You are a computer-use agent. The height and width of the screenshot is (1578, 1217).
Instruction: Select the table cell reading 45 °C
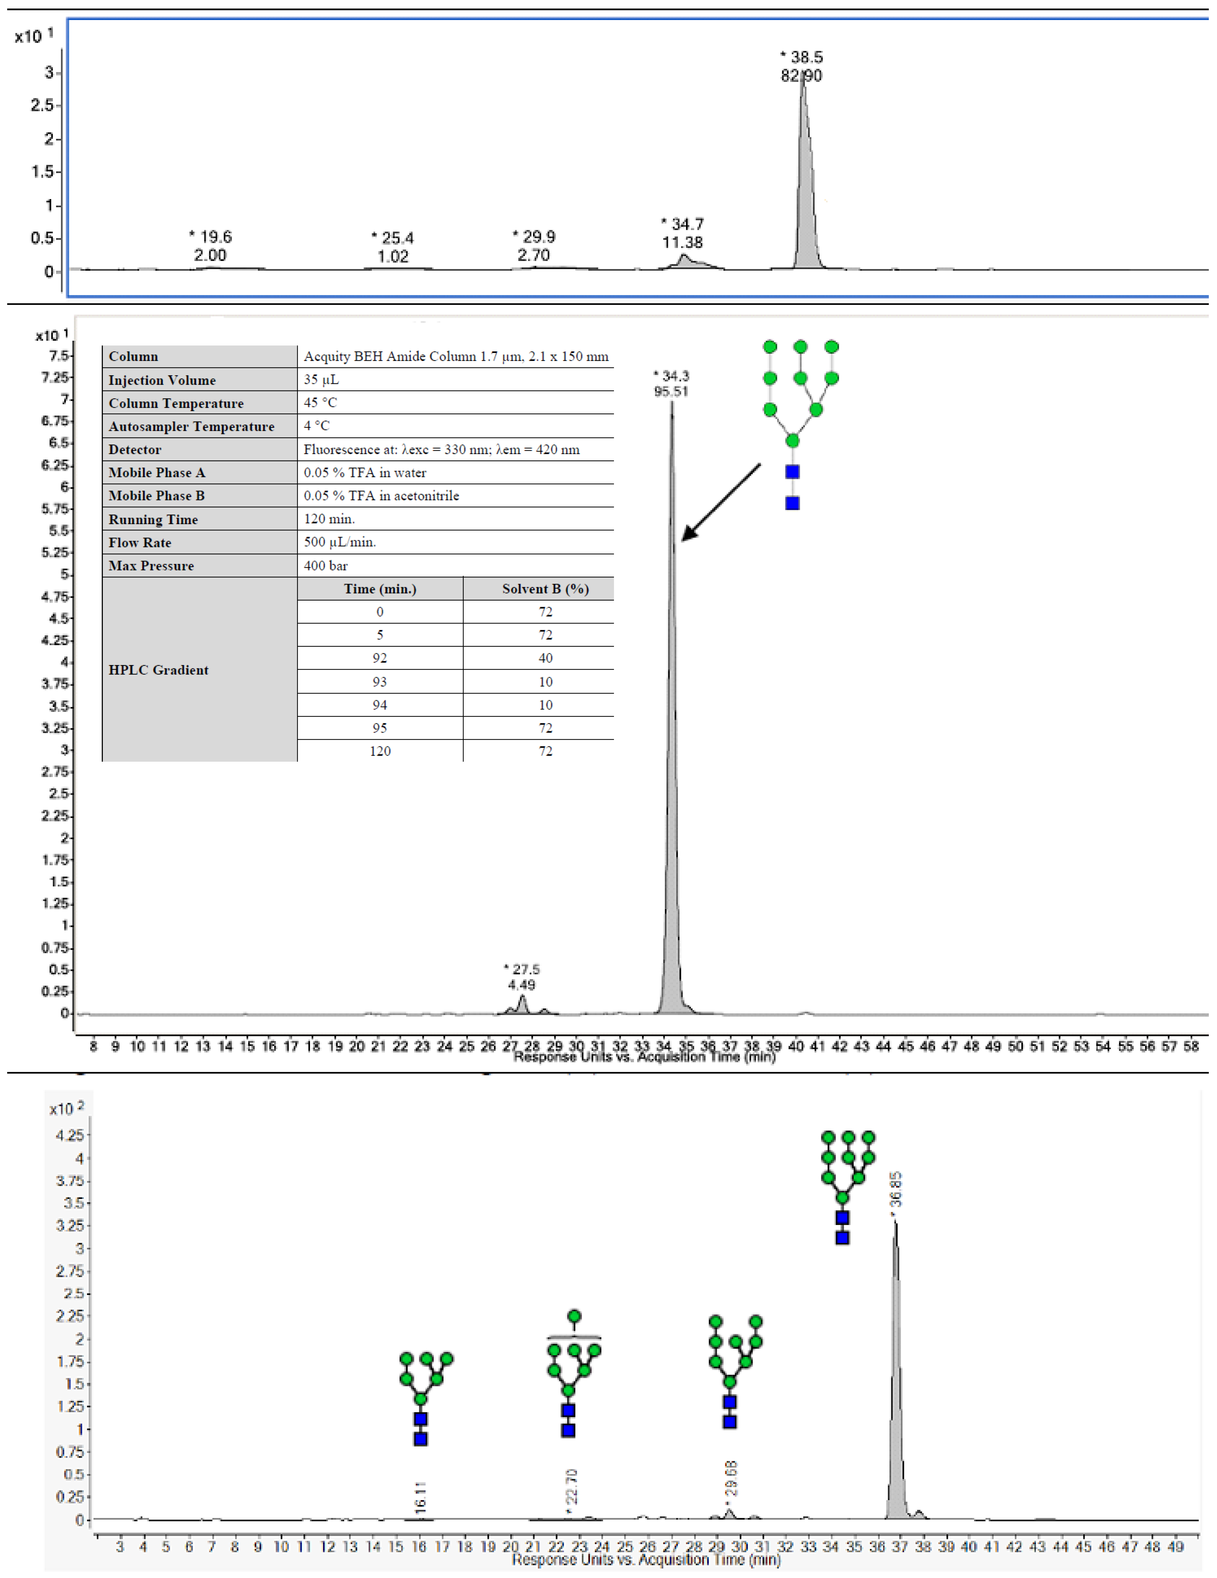[320, 403]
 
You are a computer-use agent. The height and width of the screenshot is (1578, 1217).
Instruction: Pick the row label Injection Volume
[162, 380]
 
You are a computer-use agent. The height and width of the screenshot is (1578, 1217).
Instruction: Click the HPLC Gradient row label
[158, 670]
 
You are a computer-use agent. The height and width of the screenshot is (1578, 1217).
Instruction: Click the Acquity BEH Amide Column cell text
[455, 356]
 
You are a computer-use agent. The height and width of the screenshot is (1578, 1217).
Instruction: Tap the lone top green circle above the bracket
[575, 1316]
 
